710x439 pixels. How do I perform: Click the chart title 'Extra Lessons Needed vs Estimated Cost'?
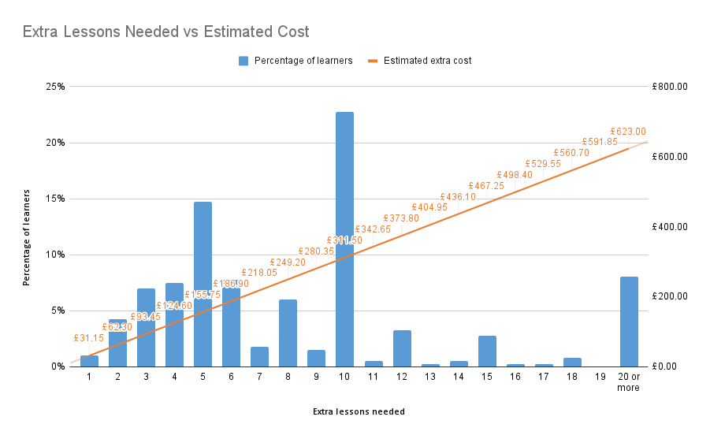[165, 32]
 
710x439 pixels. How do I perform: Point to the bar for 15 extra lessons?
[487, 352]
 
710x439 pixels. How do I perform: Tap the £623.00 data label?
[628, 132]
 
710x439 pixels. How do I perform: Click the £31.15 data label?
[89, 337]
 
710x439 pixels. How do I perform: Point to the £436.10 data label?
[458, 196]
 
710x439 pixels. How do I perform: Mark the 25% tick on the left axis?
[54, 87]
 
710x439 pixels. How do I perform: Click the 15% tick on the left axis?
[54, 199]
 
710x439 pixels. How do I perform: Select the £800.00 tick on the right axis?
[671, 87]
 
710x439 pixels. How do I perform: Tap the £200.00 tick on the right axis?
[671, 296]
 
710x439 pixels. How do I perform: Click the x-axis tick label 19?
[600, 378]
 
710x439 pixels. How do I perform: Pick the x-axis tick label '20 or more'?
[628, 382]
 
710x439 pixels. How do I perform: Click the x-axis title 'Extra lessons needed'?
[359, 411]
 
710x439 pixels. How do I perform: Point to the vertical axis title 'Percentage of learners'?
[27, 236]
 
